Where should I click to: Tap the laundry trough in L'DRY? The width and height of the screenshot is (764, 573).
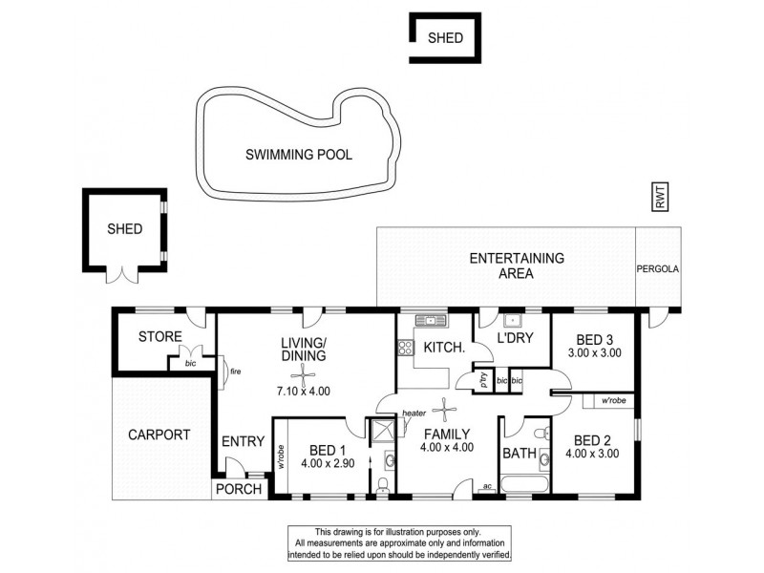(x=512, y=320)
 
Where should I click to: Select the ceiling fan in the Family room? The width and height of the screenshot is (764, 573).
(x=444, y=411)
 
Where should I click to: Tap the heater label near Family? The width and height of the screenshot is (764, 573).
(x=413, y=414)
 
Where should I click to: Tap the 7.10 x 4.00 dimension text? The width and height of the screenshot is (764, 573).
(x=304, y=392)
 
